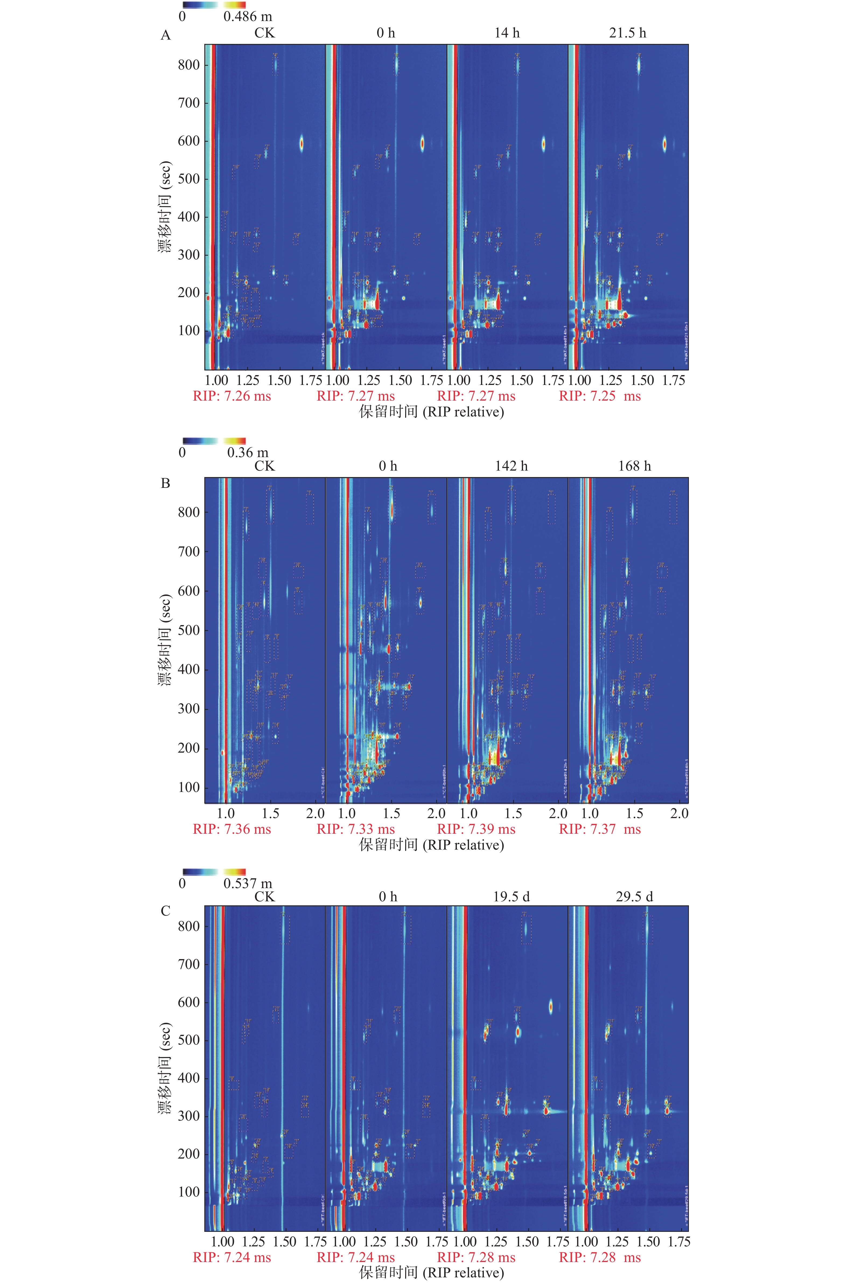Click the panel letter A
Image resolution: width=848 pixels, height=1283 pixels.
[x=166, y=36]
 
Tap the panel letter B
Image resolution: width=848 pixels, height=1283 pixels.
[x=166, y=483]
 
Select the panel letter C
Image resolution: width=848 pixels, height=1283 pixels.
[x=166, y=911]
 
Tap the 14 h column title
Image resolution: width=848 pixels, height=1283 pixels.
[x=507, y=33]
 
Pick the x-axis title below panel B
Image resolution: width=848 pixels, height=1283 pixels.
[x=432, y=845]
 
